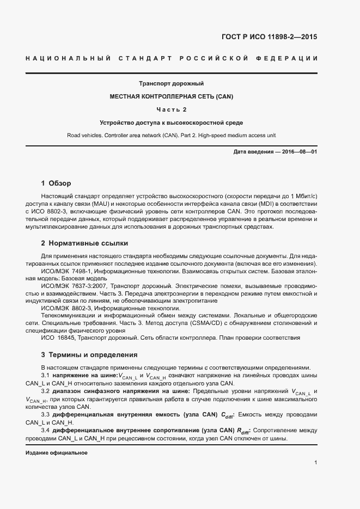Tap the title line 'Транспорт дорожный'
pos(171,84)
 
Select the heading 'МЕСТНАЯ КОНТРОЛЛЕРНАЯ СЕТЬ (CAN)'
pos(171,96)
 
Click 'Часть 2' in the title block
pos(171,109)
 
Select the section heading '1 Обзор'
pos(56,183)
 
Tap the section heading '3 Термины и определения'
pos(89,355)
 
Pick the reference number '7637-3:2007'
pos(90,285)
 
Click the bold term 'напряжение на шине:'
pos(86,376)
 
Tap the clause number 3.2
pos(46,391)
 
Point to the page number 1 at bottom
pos(315,463)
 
